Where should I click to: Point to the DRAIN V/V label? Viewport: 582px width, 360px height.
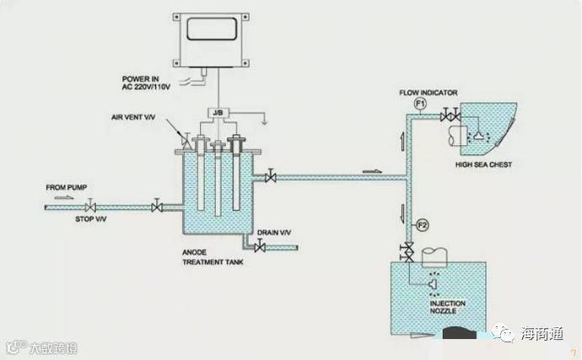point(274,232)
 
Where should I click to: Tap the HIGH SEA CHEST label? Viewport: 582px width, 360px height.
point(483,164)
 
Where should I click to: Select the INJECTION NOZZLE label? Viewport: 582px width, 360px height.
point(447,307)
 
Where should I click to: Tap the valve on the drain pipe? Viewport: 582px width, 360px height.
point(261,246)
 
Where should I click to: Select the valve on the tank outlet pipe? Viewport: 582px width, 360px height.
point(270,177)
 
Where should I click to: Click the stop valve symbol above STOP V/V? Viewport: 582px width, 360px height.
point(91,206)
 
